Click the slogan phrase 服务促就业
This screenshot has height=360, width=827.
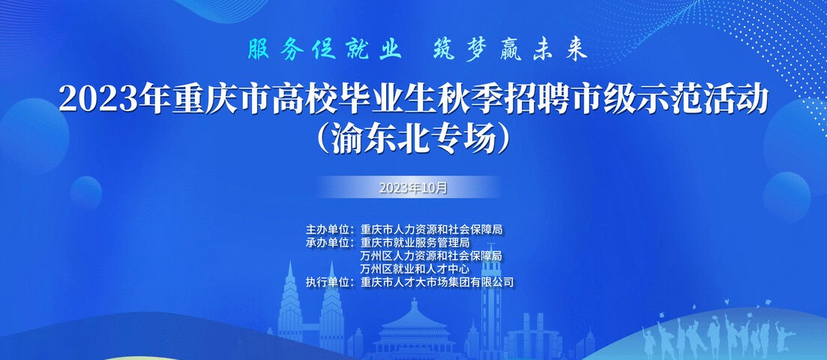[325, 50]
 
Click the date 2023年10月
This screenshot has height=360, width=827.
[413, 187]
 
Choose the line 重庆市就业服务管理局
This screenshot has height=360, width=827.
[415, 243]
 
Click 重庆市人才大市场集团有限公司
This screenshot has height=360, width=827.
[436, 282]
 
